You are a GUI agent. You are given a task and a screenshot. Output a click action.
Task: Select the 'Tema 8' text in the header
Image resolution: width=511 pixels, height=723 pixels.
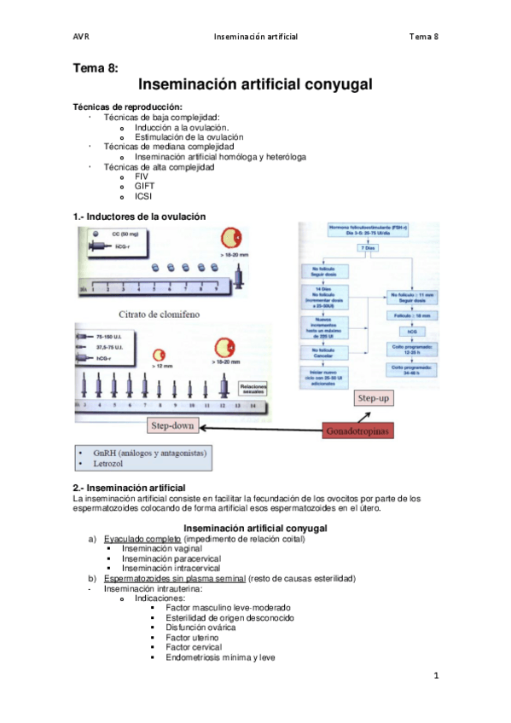pos(423,37)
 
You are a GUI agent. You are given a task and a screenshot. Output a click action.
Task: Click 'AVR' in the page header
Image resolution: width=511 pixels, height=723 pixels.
pos(82,37)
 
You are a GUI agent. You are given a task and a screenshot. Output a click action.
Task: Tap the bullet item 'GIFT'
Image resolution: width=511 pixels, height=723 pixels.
pos(144,186)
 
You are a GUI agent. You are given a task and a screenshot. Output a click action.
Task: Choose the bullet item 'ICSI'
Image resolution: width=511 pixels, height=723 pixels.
pos(143,196)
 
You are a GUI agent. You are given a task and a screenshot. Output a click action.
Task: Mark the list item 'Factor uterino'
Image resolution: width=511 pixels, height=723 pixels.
pos(192,637)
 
